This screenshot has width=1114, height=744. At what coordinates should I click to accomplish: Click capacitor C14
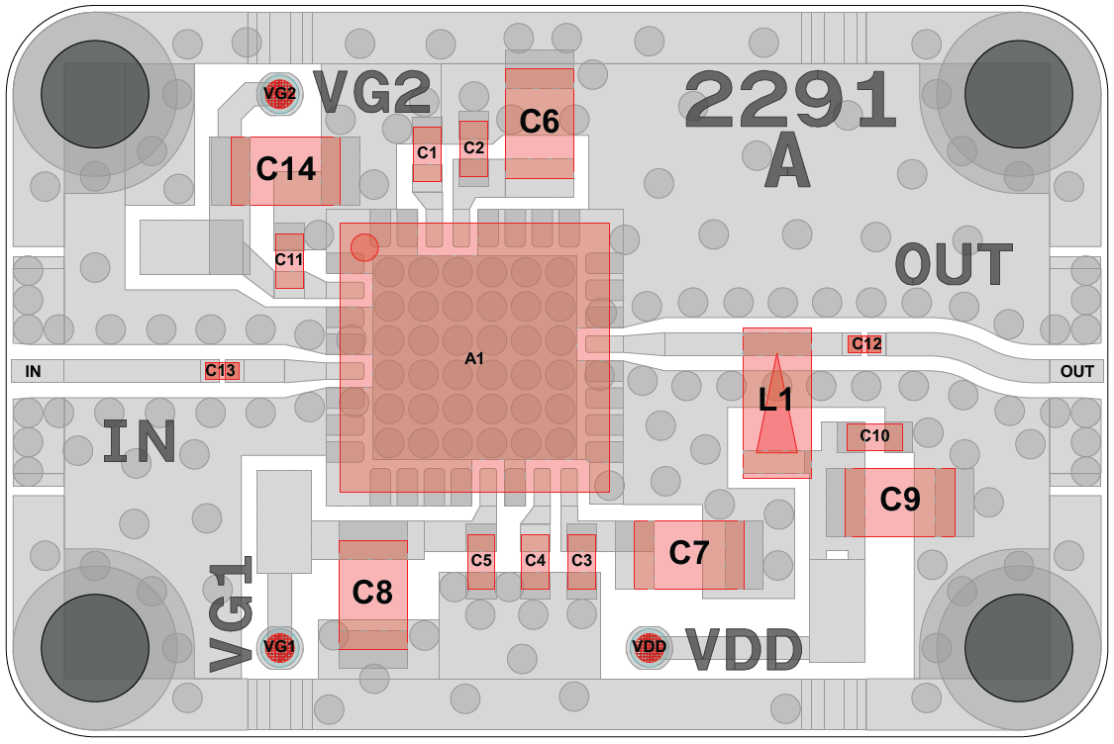pyautogui.click(x=285, y=170)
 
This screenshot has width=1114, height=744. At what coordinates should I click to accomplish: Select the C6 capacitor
pyautogui.click(x=540, y=123)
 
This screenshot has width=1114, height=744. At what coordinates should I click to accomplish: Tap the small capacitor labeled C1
pyautogui.click(x=427, y=153)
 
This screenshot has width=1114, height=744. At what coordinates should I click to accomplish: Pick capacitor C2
pyautogui.click(x=474, y=148)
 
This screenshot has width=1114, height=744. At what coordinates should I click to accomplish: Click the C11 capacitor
pyautogui.click(x=289, y=260)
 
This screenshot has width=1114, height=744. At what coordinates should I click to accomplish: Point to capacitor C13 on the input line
pyautogui.click(x=222, y=371)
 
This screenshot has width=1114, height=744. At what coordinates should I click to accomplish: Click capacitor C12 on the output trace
pyautogui.click(x=865, y=344)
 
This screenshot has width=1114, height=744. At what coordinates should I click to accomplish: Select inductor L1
pyautogui.click(x=777, y=401)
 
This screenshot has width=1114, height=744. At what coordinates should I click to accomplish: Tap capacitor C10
pyautogui.click(x=874, y=436)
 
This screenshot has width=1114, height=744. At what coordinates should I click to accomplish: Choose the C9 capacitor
pyautogui.click(x=900, y=501)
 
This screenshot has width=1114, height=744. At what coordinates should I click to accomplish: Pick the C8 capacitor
pyautogui.click(x=372, y=594)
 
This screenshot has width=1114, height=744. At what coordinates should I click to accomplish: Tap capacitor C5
pyautogui.click(x=481, y=561)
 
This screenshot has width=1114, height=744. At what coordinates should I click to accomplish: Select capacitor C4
pyautogui.click(x=535, y=561)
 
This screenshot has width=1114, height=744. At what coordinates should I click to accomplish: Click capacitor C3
pyautogui.click(x=581, y=561)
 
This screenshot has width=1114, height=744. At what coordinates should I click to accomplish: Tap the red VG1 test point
pyautogui.click(x=278, y=647)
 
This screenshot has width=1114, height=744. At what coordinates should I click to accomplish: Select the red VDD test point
pyautogui.click(x=650, y=647)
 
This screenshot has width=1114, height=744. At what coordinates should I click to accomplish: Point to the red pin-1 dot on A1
pyautogui.click(x=364, y=246)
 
